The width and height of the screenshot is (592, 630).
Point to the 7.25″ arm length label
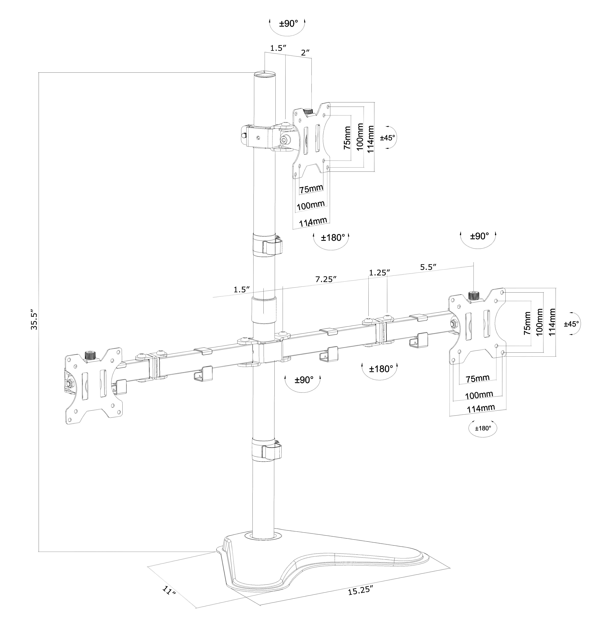click(325, 279)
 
